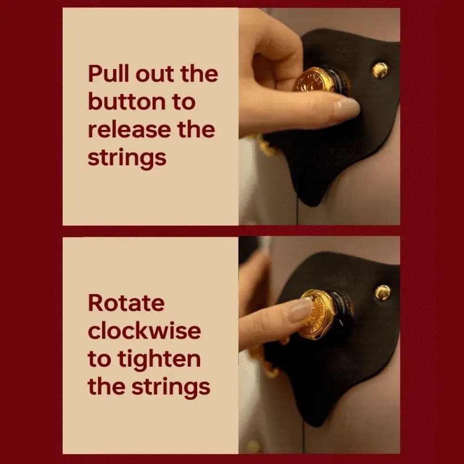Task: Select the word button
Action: (x=127, y=102)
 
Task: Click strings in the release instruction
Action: (x=127, y=159)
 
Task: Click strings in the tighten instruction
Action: (x=171, y=387)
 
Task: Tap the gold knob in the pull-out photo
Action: (x=314, y=80)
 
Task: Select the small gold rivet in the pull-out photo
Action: (x=380, y=70)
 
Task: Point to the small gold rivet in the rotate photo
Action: (x=383, y=293)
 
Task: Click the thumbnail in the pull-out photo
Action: (x=347, y=107)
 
